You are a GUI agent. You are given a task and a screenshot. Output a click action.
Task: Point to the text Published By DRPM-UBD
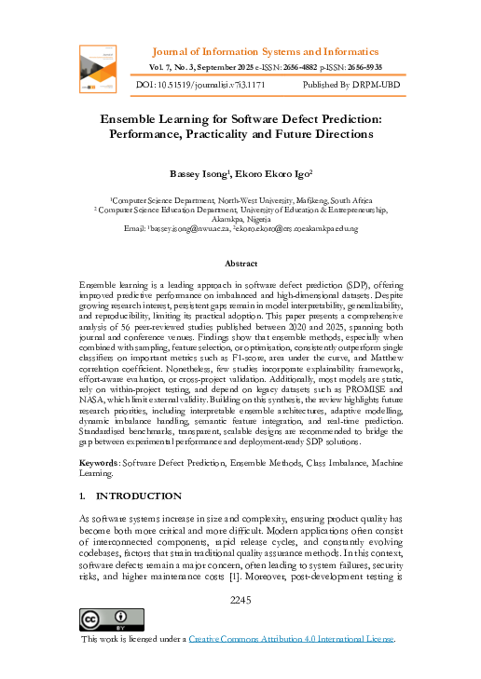click(x=356, y=85)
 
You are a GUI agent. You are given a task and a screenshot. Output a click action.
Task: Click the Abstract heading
click(x=241, y=264)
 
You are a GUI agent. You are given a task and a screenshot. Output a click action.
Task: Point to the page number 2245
click(x=241, y=601)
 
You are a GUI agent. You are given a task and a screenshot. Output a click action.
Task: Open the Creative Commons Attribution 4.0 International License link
click(x=292, y=640)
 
